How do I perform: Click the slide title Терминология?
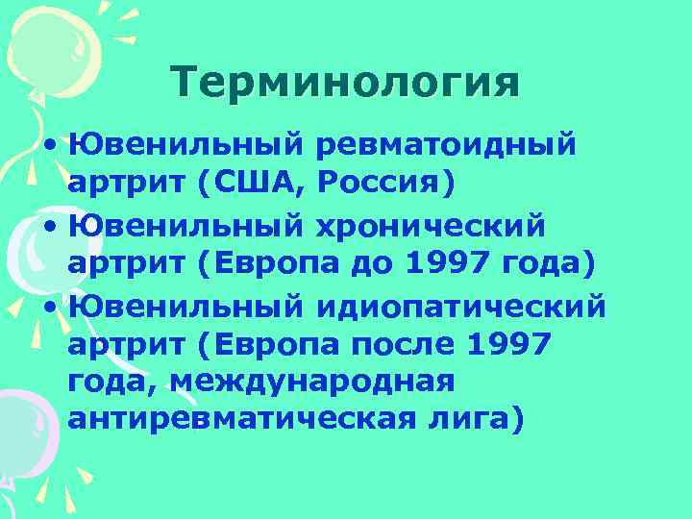[x=345, y=82]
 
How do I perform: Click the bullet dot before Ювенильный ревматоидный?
[x=48, y=147]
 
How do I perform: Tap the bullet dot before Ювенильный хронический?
[x=48, y=228]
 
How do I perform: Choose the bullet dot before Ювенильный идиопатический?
[x=48, y=309]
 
